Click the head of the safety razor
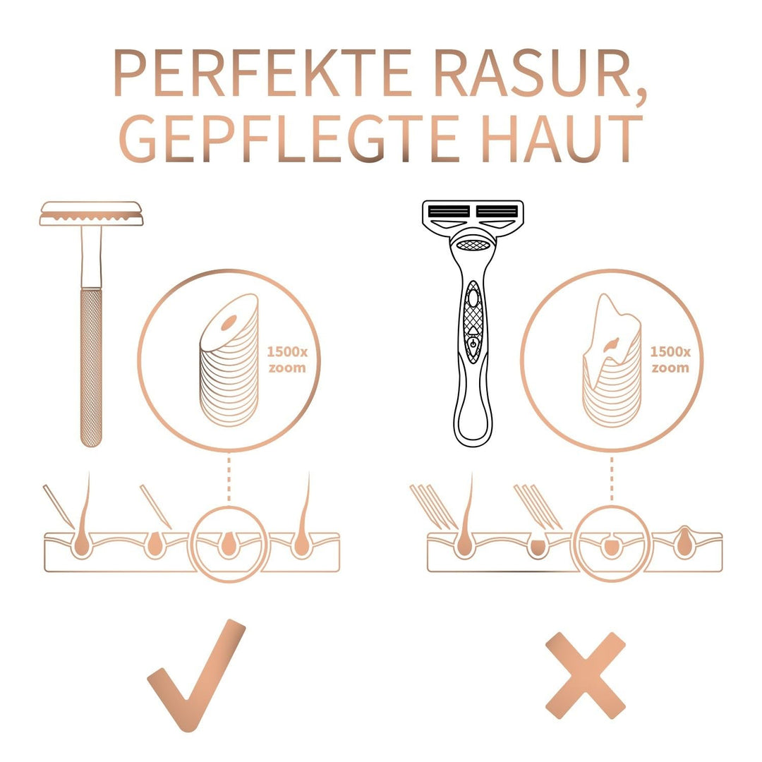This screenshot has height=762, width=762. [91, 213]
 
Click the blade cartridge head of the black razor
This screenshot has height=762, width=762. [473, 214]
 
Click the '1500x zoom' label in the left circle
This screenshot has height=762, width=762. [286, 359]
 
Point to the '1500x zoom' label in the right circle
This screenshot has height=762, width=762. [670, 359]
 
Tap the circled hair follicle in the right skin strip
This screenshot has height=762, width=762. [611, 547]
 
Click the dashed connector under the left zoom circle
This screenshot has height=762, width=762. [229, 480]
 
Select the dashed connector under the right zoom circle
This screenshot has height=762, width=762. [611, 480]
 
